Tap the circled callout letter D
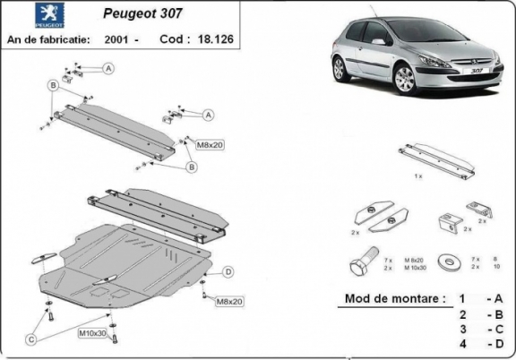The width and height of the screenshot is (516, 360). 228,271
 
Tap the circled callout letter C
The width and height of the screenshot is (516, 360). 30,339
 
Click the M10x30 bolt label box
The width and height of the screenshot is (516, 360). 91,334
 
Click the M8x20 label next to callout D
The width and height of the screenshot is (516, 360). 229,302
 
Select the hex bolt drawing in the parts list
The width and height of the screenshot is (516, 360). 364,265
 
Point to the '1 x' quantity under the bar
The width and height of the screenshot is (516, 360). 417,177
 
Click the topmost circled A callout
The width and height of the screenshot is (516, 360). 107,68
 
